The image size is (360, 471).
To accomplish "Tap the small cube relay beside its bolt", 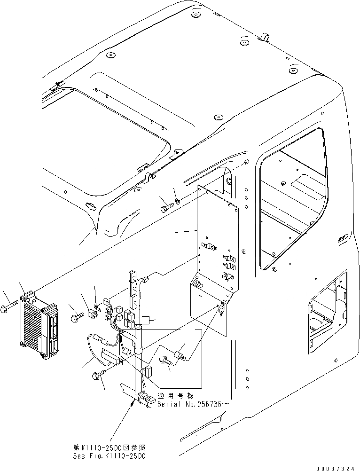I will coord(92,313).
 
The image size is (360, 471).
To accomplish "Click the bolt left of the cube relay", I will coord(76,319).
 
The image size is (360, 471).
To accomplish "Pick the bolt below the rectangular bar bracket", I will coord(99,374).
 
